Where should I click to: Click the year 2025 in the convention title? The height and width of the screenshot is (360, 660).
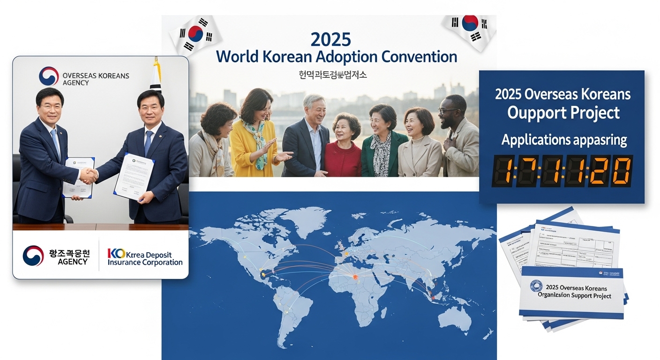(330, 39)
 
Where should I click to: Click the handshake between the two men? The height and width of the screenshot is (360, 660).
(88, 175)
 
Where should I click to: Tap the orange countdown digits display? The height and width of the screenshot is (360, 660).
(562, 171)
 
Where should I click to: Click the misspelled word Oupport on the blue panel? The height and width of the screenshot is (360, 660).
(529, 113)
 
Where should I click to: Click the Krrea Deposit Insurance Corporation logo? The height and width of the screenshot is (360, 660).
(145, 257)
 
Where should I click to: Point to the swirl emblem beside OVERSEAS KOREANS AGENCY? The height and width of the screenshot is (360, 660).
(49, 76)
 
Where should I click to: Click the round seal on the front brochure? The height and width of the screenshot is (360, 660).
(536, 286)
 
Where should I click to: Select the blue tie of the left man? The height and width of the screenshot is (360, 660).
(56, 142)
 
